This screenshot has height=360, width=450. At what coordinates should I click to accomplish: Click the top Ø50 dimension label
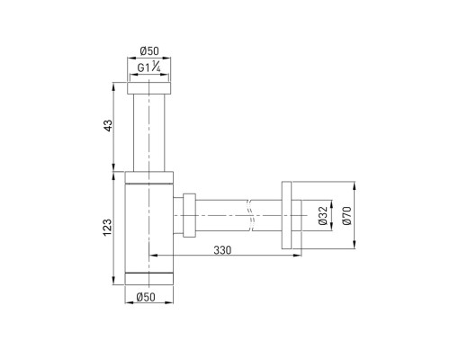click(x=149, y=51)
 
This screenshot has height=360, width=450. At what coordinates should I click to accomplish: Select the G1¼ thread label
click(x=148, y=67)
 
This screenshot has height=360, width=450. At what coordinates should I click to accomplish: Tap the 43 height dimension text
click(x=108, y=125)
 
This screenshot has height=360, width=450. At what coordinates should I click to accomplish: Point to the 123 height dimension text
click(x=108, y=228)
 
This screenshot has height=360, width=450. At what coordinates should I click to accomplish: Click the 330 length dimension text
click(x=222, y=250)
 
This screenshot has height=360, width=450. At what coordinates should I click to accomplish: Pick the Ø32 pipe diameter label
click(x=322, y=216)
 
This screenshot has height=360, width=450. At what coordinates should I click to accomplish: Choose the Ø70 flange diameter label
click(x=346, y=215)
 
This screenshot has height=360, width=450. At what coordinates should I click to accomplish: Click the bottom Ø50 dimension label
click(x=146, y=297)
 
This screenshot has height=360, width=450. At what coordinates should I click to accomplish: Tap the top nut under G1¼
click(x=149, y=88)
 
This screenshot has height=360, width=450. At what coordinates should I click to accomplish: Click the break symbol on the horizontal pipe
click(x=250, y=215)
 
